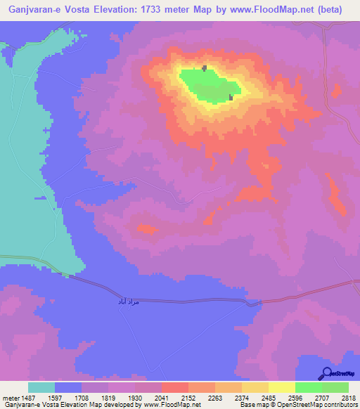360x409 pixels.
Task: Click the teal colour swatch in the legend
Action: (x=41, y=387)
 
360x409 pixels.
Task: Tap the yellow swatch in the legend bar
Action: (x=282, y=387)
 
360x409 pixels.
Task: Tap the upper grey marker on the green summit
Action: (x=205, y=68)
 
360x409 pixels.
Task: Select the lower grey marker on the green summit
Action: (x=231, y=98)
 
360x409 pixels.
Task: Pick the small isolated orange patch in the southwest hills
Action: (x=147, y=228)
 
